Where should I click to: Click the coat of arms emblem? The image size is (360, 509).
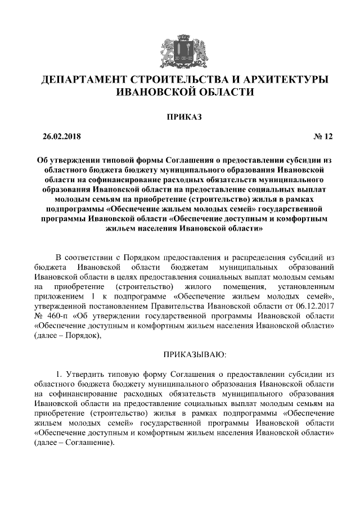[179, 49]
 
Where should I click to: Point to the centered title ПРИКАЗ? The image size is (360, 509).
[179, 117]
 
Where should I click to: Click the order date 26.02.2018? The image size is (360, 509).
[62, 137]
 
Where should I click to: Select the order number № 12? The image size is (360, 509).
[323, 137]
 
